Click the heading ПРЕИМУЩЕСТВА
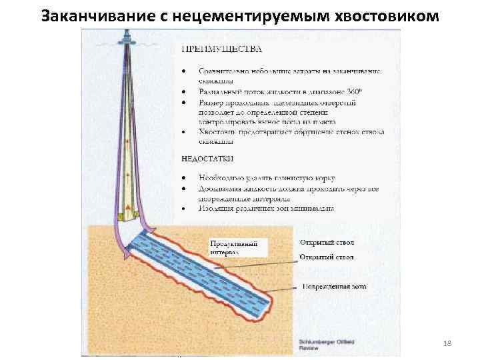pos(222,49)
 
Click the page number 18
pos(447,342)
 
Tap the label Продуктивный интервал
pos(238,247)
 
